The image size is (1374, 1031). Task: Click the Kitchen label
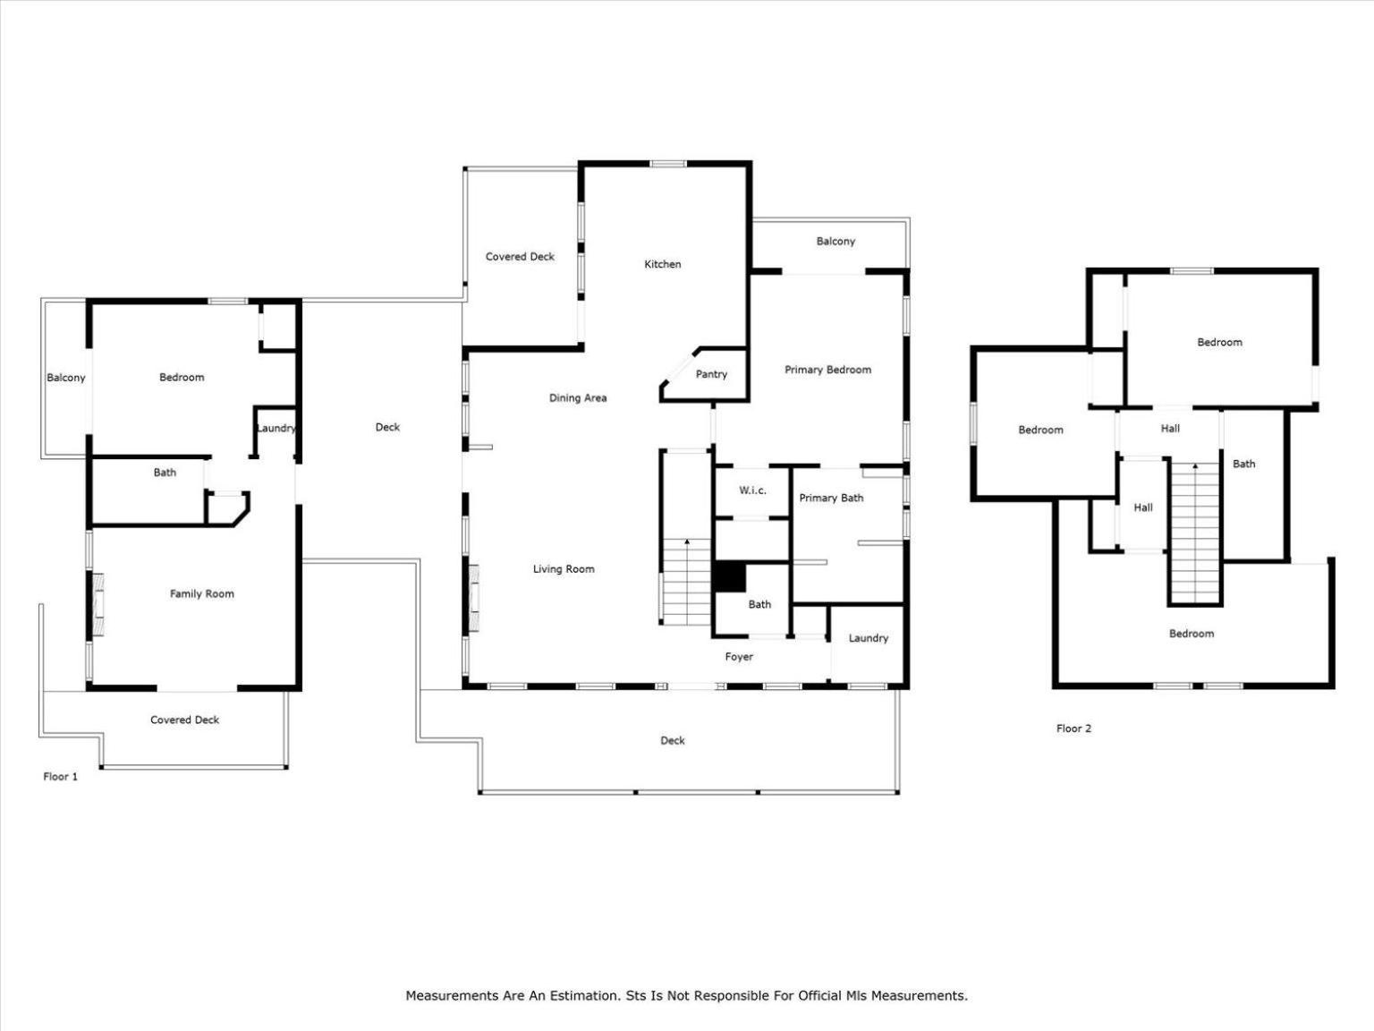point(662,264)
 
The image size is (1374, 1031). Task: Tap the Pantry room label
point(711,374)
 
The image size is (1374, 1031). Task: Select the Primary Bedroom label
point(827,370)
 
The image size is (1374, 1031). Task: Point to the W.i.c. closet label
point(751,490)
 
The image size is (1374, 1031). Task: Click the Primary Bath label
point(831,498)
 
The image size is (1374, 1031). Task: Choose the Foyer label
point(739,657)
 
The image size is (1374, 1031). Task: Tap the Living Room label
point(564,569)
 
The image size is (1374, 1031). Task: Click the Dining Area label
point(578,397)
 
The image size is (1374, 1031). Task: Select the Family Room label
point(201,593)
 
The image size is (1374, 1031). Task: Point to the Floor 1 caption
point(60,777)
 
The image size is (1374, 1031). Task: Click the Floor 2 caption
point(1073,729)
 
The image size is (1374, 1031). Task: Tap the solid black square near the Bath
point(730,576)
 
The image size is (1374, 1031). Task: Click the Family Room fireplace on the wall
point(98,604)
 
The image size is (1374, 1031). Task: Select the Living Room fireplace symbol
point(474,597)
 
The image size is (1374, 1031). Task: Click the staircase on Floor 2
point(1195,533)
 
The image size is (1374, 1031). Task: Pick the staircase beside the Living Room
point(687,582)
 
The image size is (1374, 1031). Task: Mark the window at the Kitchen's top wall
point(668,164)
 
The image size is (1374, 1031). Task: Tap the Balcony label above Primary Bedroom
point(835,242)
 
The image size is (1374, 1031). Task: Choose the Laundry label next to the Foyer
point(869,638)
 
